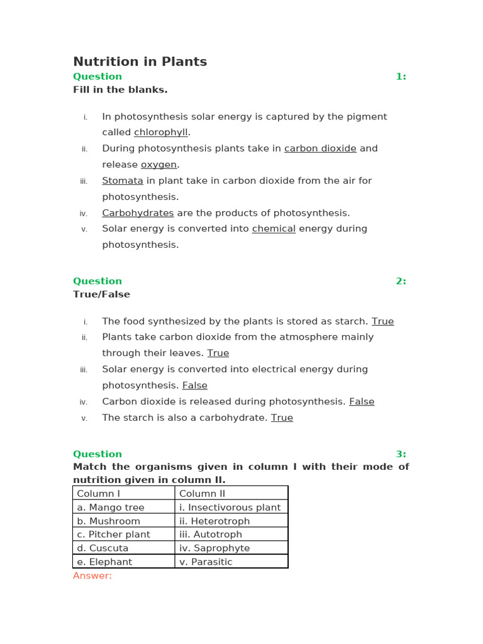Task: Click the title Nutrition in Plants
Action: pos(140,62)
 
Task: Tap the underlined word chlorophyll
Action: pos(161,133)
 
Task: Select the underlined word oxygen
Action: pos(158,165)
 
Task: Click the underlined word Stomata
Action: pos(123,180)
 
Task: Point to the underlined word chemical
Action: pos(274,229)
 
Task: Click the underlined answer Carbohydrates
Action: pos(138,213)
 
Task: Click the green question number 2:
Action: pos(401,281)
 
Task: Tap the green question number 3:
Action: pos(401,454)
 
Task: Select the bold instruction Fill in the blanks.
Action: pos(120,90)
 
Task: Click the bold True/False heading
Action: pos(101,294)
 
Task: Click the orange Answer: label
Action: pos(92,575)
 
